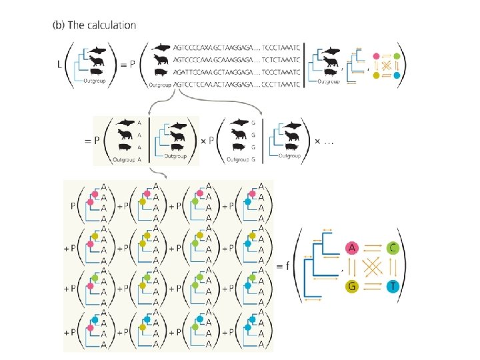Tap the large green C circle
click(x=394, y=249)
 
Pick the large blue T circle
click(x=394, y=287)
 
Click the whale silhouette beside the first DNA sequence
click(x=161, y=48)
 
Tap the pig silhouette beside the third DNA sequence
click(x=161, y=72)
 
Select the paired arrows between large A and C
click(x=372, y=249)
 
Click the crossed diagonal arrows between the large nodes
click(x=372, y=267)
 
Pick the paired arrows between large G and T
click(x=372, y=287)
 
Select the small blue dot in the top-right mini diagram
click(x=397, y=77)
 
